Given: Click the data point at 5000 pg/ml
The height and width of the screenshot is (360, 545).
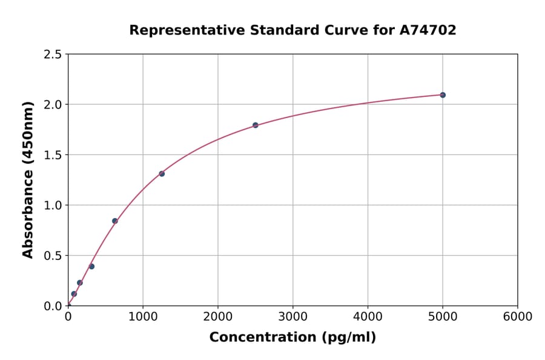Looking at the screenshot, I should pos(443,95).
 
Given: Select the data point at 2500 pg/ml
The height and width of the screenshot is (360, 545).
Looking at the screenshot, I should pos(255,125).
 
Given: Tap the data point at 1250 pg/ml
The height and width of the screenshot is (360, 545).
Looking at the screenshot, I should pos(162,174).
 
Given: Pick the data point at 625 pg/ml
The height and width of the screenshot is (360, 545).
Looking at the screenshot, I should pos(114,221).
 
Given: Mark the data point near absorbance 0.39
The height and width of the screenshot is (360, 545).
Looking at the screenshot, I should pos(91,267).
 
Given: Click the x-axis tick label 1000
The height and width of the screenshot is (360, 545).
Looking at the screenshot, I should pos(143,317).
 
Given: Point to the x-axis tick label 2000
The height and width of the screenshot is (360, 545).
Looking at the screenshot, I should pos(218,317).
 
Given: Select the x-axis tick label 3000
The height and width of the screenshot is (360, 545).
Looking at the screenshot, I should pos(292,317).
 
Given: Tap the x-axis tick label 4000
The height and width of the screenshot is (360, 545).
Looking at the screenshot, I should pos(368,317).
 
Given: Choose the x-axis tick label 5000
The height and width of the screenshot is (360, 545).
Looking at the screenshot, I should pos(443,317).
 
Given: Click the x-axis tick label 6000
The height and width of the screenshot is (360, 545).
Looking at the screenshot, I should pos(518,317).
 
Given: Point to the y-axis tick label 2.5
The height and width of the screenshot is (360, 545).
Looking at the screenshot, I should pos(53,55).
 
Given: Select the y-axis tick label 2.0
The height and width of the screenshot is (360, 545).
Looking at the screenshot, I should pos(53,105).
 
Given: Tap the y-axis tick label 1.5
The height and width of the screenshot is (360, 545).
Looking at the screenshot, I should pos(53,155).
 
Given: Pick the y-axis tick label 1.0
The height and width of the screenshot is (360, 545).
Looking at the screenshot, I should pos(53,205).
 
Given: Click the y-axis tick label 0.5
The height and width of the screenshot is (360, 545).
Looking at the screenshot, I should pos(53,256).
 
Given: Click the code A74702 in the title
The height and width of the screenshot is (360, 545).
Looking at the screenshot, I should pos(428,30).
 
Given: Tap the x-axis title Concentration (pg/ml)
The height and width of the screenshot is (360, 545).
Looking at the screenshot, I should pos(292,338).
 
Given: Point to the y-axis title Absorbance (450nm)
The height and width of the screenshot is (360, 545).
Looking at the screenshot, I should pos(28,180).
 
